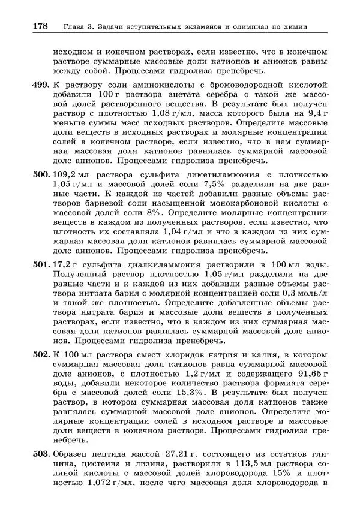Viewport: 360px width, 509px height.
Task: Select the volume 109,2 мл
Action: point(69,174)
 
